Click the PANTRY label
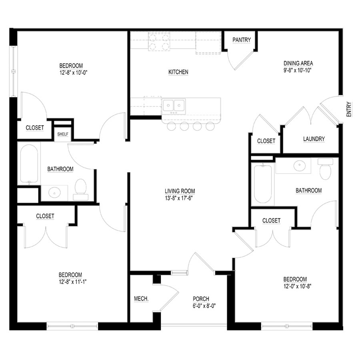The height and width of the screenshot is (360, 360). (242, 40)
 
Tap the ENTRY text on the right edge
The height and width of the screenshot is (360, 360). (349, 109)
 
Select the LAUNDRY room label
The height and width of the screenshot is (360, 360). (314, 139)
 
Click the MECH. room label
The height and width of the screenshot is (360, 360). (141, 299)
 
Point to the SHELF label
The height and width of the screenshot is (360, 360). (63, 134)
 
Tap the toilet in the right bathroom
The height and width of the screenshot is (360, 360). (326, 170)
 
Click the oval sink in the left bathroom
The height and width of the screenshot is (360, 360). (55, 193)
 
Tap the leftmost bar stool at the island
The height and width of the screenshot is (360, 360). (172, 127)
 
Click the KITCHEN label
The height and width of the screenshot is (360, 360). (178, 72)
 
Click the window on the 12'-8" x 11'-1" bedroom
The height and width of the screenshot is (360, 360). (72, 326)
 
